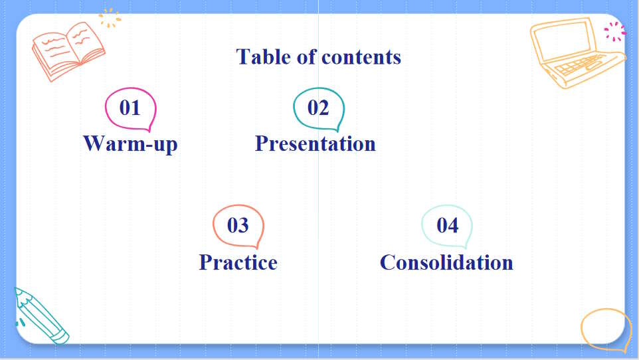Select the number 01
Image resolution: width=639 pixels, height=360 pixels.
click(x=130, y=108)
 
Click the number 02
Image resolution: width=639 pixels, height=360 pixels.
click(x=318, y=108)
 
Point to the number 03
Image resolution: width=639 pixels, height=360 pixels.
click(x=238, y=225)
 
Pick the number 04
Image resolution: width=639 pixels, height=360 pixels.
click(x=447, y=225)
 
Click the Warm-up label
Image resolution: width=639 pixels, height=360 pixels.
click(x=130, y=143)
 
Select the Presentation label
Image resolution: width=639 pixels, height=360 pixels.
click(x=316, y=143)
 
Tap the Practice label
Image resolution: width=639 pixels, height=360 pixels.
click(x=238, y=262)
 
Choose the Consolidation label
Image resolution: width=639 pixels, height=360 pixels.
click(x=446, y=262)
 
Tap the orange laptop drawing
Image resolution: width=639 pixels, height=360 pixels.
click(x=575, y=53)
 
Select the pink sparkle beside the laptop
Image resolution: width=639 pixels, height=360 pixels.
click(x=614, y=31)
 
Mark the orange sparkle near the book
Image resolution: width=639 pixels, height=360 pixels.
click(x=110, y=17)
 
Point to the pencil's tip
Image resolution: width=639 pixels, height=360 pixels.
click(x=16, y=290)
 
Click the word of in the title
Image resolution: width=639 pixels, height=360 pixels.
click(x=306, y=57)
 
